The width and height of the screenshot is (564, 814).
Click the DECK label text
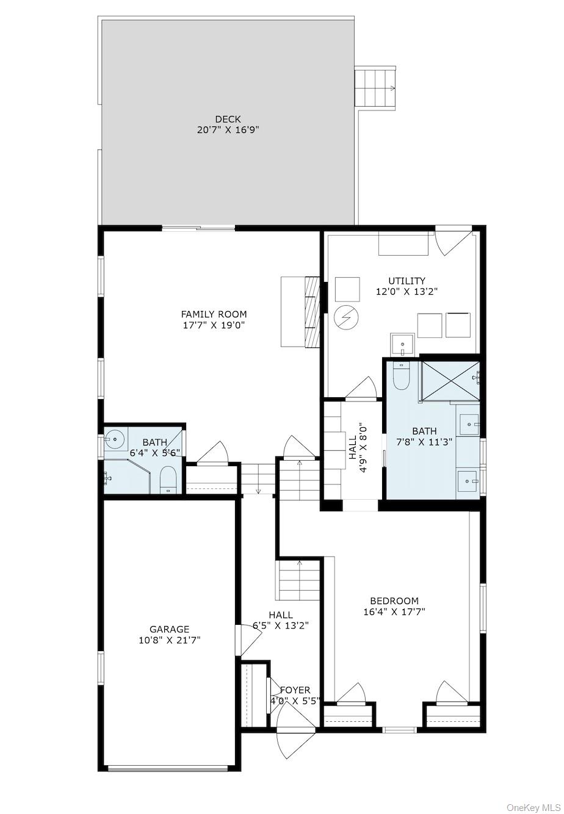[x=228, y=119]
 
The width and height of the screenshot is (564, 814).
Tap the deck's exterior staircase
[x=375, y=87]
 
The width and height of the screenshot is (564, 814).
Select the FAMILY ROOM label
[x=214, y=314]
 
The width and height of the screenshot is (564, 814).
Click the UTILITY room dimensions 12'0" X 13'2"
[x=407, y=292]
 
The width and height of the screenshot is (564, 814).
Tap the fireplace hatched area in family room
[x=312, y=312]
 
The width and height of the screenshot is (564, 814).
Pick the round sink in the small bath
[x=114, y=438]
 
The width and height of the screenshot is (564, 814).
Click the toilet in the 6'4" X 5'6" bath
[x=167, y=480]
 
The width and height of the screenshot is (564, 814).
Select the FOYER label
[x=295, y=690]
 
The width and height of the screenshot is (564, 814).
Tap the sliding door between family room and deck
[x=198, y=228]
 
